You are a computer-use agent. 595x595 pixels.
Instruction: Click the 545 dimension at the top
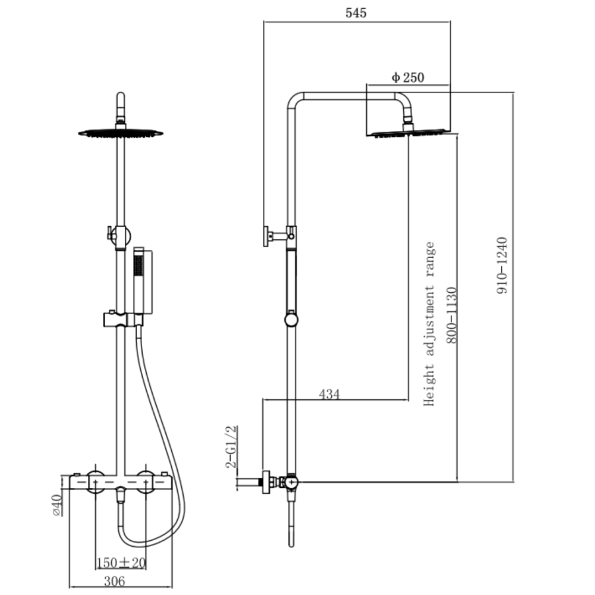(x=356, y=13)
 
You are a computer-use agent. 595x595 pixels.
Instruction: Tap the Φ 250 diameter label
(x=407, y=77)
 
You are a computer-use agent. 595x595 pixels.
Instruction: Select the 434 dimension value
(x=329, y=394)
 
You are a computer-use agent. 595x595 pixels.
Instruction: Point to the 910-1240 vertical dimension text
(x=503, y=265)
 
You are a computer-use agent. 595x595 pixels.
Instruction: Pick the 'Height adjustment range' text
(x=430, y=324)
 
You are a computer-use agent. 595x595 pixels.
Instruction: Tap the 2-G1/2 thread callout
(x=231, y=447)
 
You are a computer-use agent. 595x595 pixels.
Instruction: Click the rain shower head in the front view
(x=120, y=132)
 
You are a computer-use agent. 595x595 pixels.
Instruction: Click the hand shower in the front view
(x=139, y=278)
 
